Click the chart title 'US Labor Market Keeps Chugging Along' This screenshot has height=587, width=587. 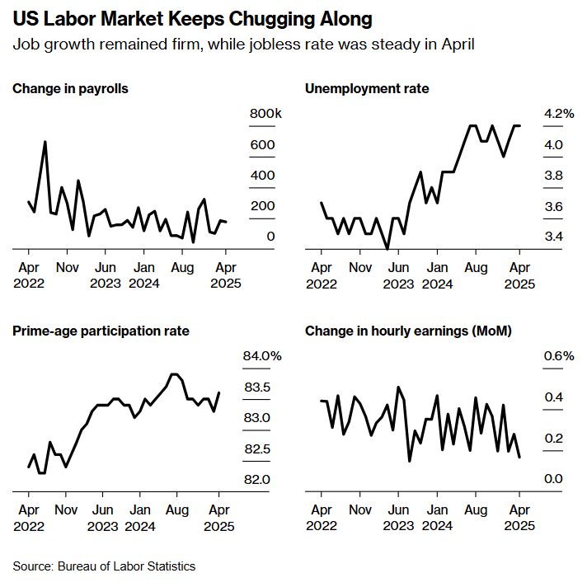pos(191,18)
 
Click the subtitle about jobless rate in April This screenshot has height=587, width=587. pos(243,44)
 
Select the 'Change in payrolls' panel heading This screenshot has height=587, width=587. pos(70,88)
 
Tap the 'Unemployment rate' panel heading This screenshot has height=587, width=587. pos(367,88)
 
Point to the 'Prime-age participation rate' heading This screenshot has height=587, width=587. pos(101,331)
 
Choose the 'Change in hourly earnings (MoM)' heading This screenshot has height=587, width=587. pos(408,331)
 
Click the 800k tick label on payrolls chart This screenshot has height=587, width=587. pos(266,114)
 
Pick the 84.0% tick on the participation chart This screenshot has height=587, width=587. pos(262,356)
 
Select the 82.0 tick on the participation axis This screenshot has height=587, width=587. pos(256,480)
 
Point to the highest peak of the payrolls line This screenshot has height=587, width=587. pos(45,142)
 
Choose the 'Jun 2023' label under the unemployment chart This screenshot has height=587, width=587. pos(398,275)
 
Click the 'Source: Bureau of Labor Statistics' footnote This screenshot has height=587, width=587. pos(104,566)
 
